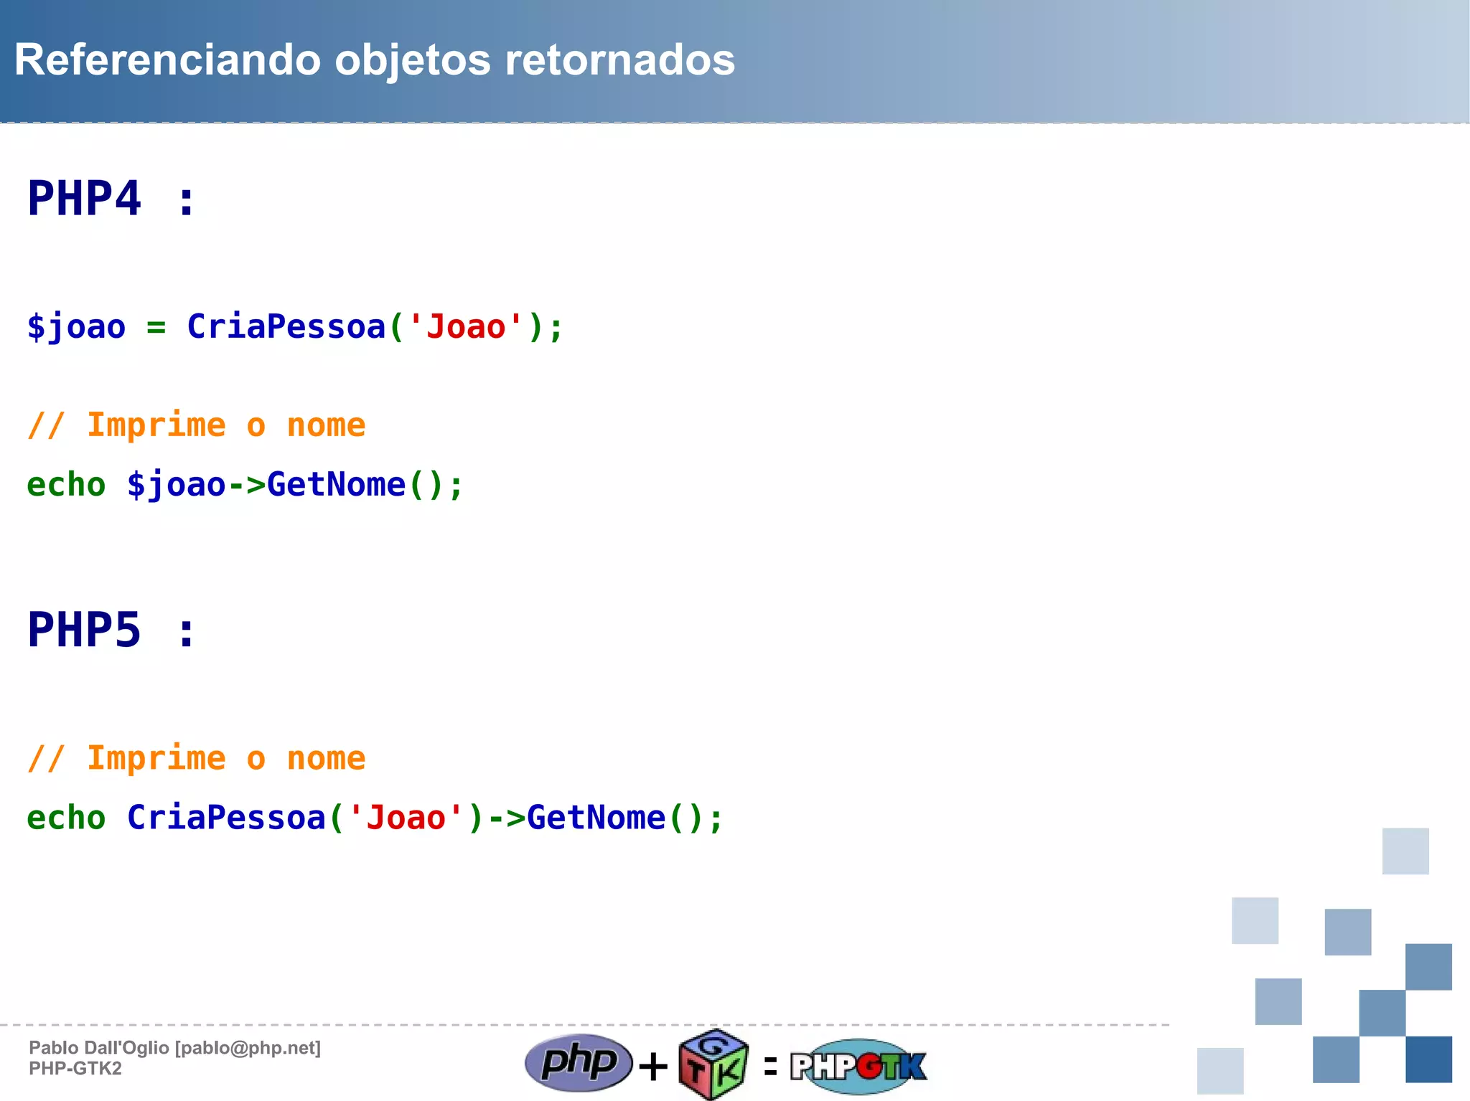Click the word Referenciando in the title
click(x=167, y=60)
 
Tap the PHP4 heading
click(x=85, y=199)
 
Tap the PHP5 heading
click(x=85, y=630)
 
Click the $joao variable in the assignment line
click(x=76, y=327)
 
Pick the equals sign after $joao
click(x=156, y=328)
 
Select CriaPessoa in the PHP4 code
click(x=286, y=327)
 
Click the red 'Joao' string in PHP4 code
click(x=466, y=327)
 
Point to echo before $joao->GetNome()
click(x=66, y=485)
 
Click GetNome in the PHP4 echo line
click(x=335, y=485)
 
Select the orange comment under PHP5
click(x=196, y=758)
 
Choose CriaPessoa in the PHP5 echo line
click(x=226, y=818)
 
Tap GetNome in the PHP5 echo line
click(x=596, y=818)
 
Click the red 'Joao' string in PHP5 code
click(x=406, y=818)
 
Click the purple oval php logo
click(x=579, y=1062)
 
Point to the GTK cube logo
click(x=713, y=1064)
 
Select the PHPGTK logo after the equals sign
click(x=858, y=1066)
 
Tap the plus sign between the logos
click(x=652, y=1066)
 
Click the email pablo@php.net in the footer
click(x=248, y=1048)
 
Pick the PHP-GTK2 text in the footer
click(x=75, y=1069)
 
